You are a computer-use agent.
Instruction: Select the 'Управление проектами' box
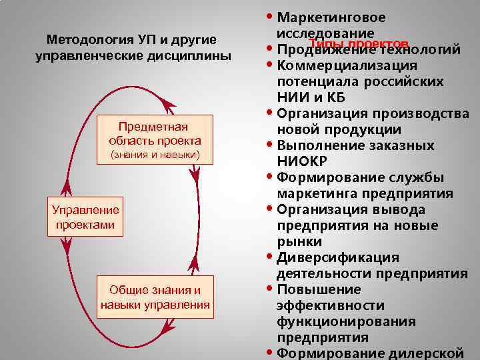tap(85, 217)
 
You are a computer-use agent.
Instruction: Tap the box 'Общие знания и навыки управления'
tap(155, 297)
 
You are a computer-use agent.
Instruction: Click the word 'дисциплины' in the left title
tap(193, 56)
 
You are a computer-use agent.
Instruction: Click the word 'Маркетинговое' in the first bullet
tap(331, 17)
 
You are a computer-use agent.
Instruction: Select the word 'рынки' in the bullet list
tap(299, 241)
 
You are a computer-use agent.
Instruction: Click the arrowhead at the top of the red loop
tap(168, 103)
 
